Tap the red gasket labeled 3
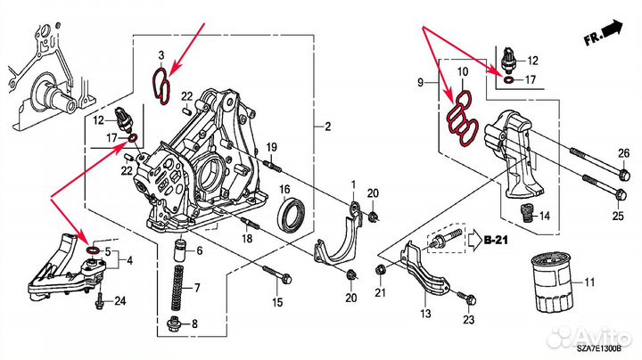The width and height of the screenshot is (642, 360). click(163, 86)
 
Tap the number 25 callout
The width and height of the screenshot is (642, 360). click(618, 215)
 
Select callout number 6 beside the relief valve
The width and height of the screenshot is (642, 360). click(198, 252)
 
